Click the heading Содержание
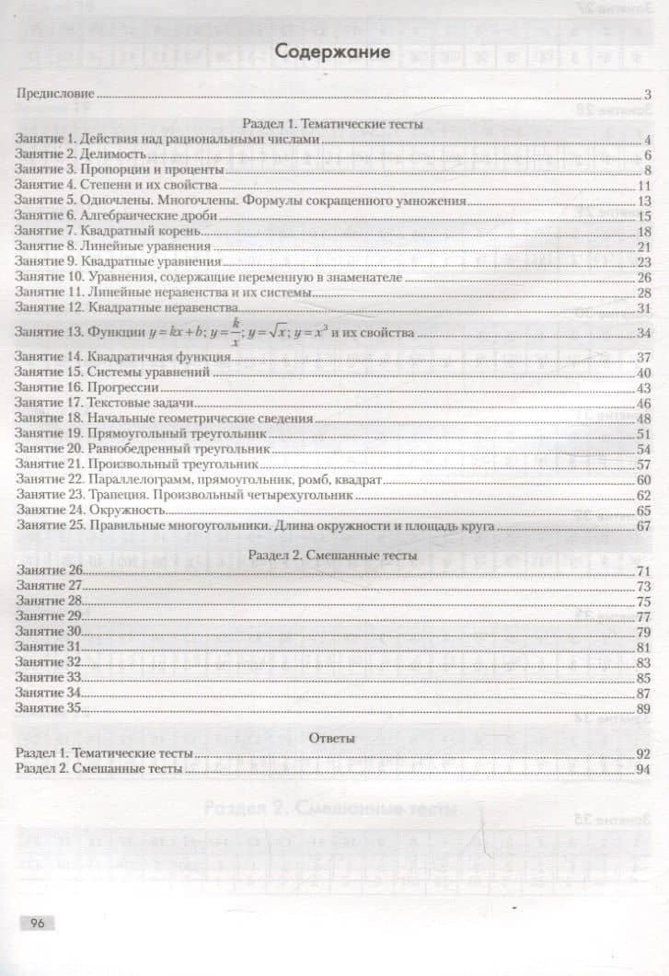click(x=335, y=52)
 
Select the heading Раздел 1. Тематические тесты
click(x=332, y=123)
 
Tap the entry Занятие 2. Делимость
click(x=82, y=155)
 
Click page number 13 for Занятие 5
click(x=643, y=201)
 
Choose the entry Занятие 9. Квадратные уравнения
click(x=118, y=261)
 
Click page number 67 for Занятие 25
click(x=643, y=526)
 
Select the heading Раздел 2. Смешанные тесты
click(x=333, y=556)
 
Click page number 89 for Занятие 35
click(x=643, y=708)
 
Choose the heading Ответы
click(x=334, y=738)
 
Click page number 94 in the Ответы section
click(x=643, y=769)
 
